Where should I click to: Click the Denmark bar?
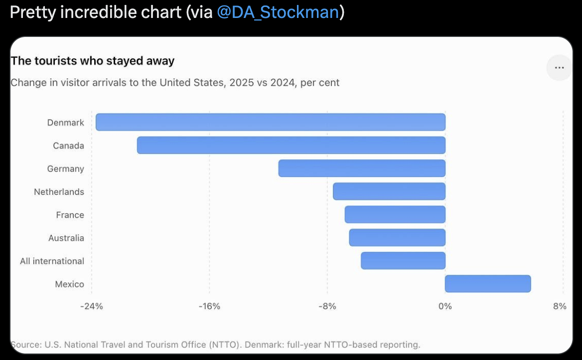tap(271, 122)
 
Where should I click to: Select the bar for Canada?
tap(291, 145)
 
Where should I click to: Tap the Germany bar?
tap(362, 169)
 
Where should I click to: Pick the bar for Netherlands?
tap(389, 191)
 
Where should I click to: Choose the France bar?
tap(395, 214)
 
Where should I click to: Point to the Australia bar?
tap(397, 237)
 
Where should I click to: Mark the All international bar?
tap(403, 260)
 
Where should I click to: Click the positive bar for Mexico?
tap(488, 284)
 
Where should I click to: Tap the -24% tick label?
tap(92, 306)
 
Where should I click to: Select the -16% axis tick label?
tap(209, 306)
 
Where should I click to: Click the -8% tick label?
tap(327, 306)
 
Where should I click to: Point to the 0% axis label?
tap(445, 306)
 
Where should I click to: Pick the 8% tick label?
tap(560, 306)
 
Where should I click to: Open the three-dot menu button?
tap(560, 68)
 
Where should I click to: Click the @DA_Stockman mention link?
tap(278, 12)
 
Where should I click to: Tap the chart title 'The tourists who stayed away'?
tap(92, 60)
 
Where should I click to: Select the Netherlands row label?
tap(59, 191)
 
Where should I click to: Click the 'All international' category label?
tap(52, 261)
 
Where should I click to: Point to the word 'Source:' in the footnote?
tap(26, 345)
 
